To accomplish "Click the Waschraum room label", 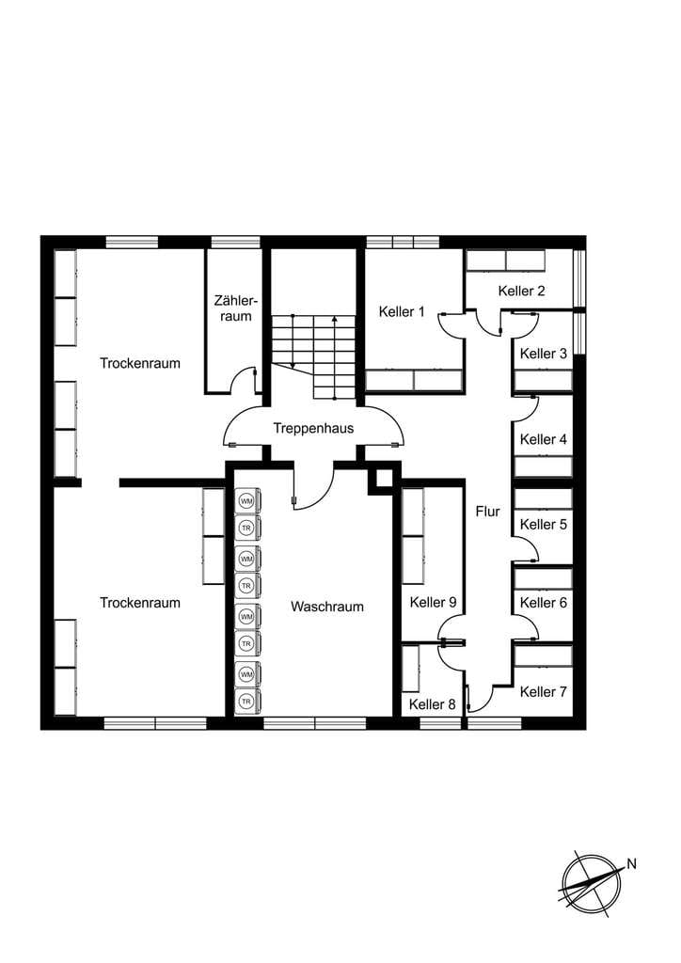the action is tap(326, 607).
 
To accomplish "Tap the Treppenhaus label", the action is tap(313, 428).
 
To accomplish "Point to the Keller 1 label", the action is tap(402, 311).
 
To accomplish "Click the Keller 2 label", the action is tap(521, 291).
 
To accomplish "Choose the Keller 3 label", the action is tap(544, 354).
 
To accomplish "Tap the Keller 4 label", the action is tap(544, 439).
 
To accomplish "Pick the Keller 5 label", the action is tap(544, 525).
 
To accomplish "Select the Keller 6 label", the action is tap(544, 603).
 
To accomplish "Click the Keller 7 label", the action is tap(544, 691).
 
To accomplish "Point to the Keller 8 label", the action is tap(433, 704).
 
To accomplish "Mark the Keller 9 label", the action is tap(433, 603).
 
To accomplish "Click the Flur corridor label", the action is tap(487, 511).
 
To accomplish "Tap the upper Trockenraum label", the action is tap(140, 363).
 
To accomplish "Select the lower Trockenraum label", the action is tap(140, 603).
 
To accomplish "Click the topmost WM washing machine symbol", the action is tap(246, 501).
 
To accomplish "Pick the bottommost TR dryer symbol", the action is tap(246, 702).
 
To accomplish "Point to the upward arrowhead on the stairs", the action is tap(334, 320).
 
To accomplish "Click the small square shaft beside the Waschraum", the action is tap(384, 478).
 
